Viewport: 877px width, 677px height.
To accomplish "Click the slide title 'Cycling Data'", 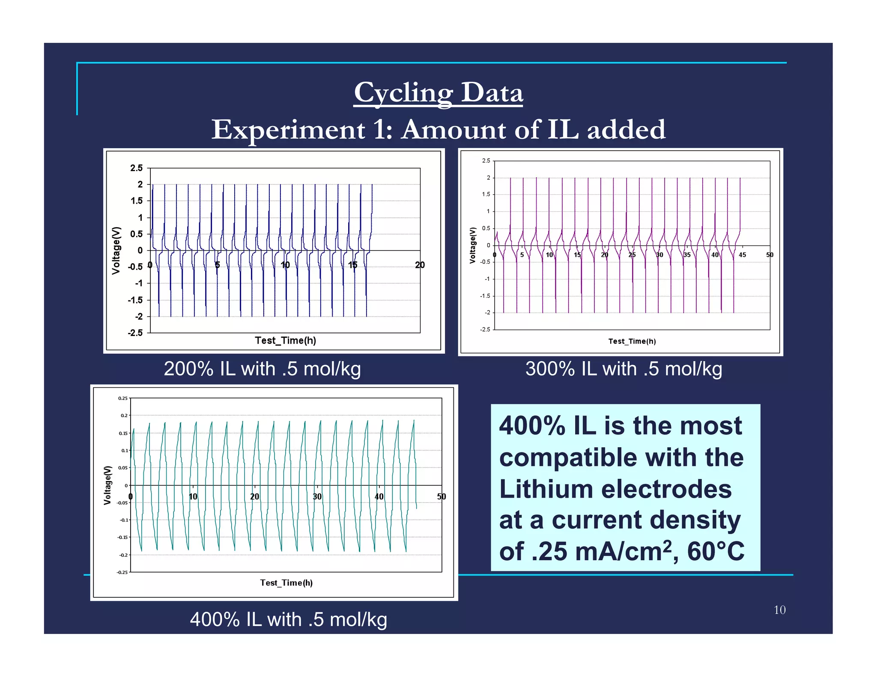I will (x=438, y=92).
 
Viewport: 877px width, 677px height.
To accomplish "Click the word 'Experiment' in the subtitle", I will (x=288, y=130).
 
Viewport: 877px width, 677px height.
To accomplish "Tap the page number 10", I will (x=779, y=610).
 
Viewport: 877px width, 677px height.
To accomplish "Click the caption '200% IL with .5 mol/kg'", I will (x=262, y=369).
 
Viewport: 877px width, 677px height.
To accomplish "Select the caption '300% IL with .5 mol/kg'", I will (x=623, y=369).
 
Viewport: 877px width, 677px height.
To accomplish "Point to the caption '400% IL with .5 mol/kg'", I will (x=288, y=619).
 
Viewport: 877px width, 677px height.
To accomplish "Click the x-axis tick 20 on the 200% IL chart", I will (x=420, y=265).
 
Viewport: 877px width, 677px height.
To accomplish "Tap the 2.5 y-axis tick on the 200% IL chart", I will (x=136, y=168).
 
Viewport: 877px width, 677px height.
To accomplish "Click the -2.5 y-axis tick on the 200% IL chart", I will (x=135, y=333).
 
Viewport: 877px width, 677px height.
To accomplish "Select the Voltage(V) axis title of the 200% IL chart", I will (x=116, y=250).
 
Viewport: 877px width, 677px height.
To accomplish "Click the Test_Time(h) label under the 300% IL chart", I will (x=632, y=341).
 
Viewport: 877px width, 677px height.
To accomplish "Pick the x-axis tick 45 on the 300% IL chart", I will (x=742, y=255).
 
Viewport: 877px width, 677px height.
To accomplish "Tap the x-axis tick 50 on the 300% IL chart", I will (x=770, y=255).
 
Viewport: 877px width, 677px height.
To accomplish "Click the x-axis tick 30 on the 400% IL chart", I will (x=317, y=496).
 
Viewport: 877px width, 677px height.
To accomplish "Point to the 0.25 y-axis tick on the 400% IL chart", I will (x=122, y=398).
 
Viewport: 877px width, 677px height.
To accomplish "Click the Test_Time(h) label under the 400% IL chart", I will (x=286, y=583).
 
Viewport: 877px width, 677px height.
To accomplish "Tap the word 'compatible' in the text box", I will (x=568, y=457).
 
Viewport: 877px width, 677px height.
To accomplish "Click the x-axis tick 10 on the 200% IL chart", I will (x=285, y=265).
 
